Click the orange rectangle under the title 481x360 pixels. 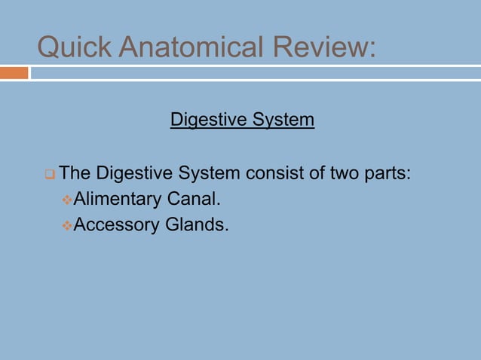(14, 73)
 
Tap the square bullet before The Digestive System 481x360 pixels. (49, 175)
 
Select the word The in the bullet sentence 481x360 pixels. (75, 174)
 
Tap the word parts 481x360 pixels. (388, 174)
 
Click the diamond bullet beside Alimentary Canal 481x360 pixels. (66, 200)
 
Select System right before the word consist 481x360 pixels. (209, 174)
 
